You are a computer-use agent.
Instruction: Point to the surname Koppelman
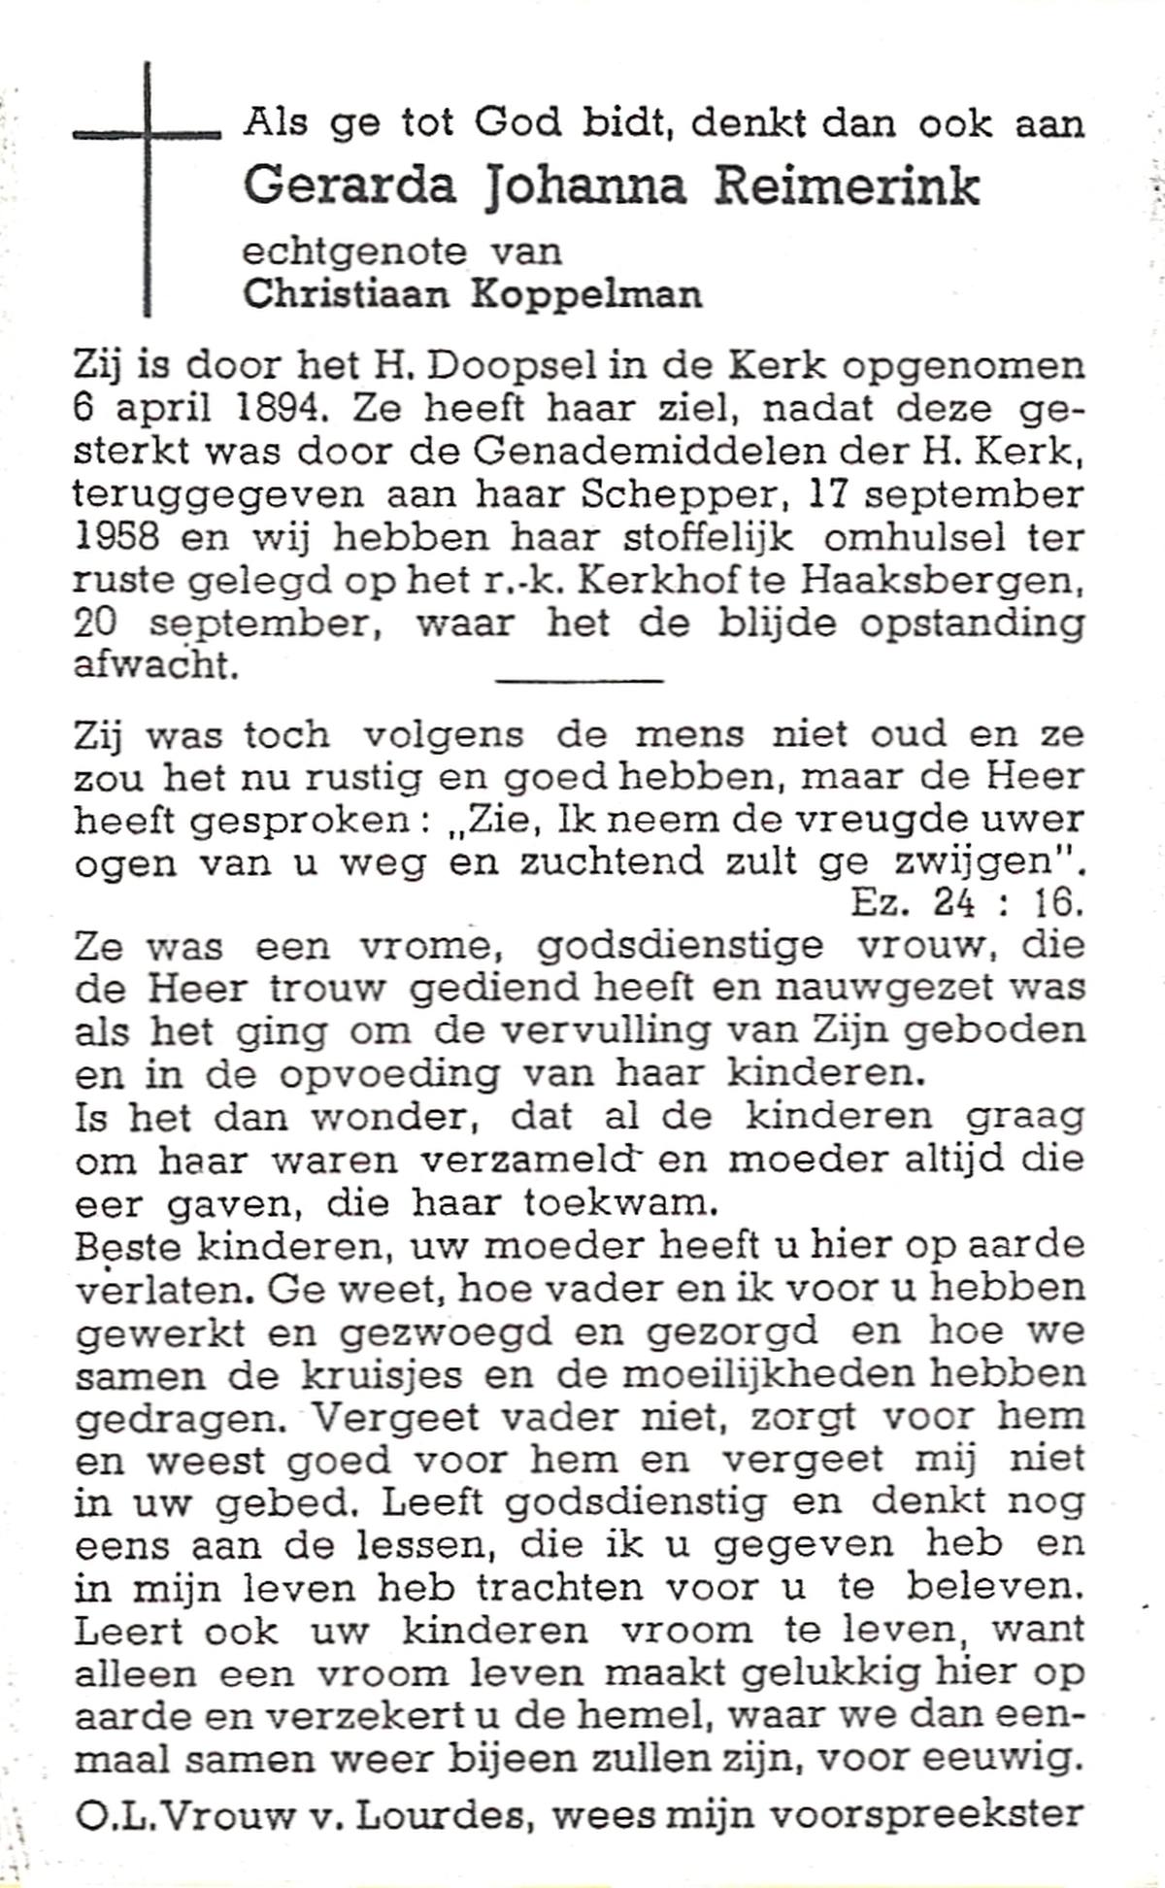point(586,294)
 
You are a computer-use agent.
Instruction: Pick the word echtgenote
point(353,252)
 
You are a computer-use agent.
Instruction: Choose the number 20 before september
point(95,623)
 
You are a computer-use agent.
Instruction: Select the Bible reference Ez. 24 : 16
point(966,904)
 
